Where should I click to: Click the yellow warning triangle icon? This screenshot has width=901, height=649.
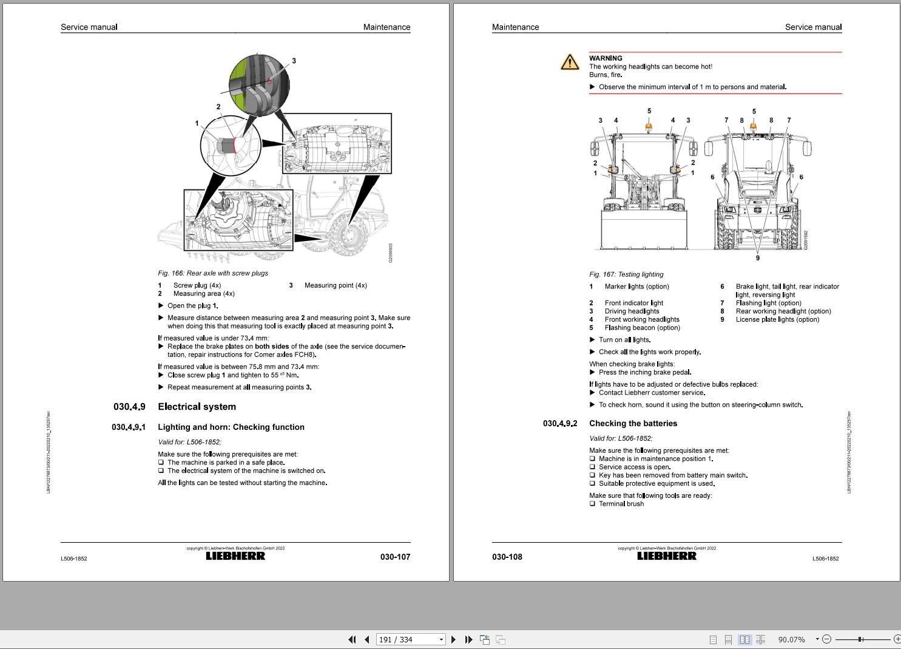tap(570, 62)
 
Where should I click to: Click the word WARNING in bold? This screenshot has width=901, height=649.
tap(606, 58)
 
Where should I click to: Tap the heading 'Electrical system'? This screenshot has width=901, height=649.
tap(197, 407)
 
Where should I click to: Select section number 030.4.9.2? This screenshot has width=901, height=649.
tap(560, 424)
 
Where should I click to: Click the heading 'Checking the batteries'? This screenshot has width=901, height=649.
tap(633, 424)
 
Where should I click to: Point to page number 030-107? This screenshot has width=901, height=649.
tap(395, 557)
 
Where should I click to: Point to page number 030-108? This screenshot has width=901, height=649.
tap(507, 557)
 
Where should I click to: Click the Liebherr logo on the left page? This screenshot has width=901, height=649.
tap(235, 556)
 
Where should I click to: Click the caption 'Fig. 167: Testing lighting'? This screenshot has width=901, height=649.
tap(626, 274)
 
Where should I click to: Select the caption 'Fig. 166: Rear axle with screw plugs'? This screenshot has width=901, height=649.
tap(213, 273)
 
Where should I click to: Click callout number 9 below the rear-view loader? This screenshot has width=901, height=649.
tap(757, 258)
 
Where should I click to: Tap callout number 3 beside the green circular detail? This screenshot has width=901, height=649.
tap(294, 61)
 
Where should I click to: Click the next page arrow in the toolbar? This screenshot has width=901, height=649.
tap(453, 639)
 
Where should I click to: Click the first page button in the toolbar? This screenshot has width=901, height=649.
tap(352, 639)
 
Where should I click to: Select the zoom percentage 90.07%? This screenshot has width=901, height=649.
tap(791, 639)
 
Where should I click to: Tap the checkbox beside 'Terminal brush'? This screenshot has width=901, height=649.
tap(592, 504)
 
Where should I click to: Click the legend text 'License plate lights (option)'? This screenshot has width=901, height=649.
tap(777, 319)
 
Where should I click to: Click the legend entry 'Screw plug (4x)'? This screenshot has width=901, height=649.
tap(197, 285)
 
